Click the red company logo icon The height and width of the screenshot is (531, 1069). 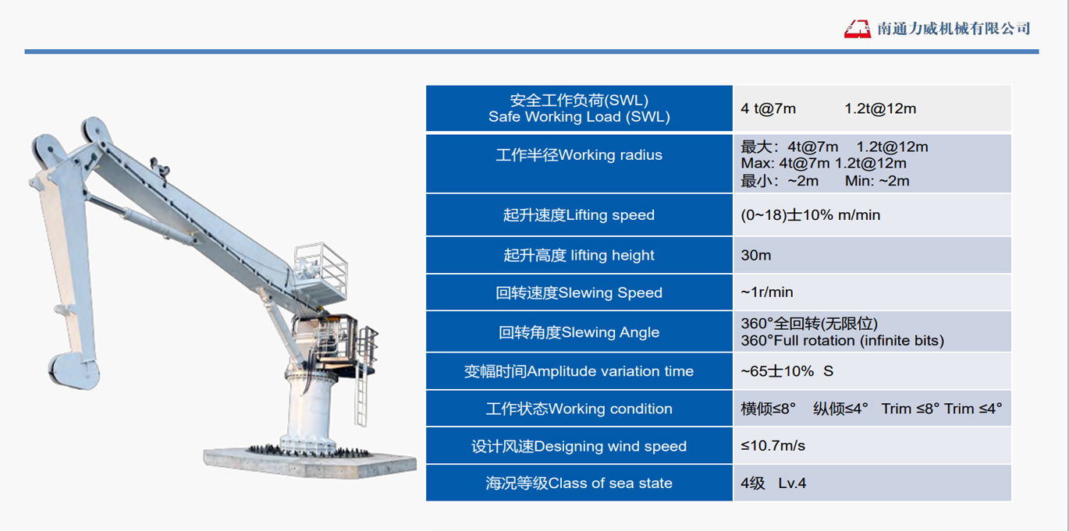[x=857, y=29]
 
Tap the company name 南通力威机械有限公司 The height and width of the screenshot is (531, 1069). [x=954, y=29]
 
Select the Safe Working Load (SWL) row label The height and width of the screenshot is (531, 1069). [x=579, y=108]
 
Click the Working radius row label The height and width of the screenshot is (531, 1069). [x=579, y=155]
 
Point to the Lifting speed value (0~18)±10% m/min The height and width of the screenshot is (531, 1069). [x=811, y=215]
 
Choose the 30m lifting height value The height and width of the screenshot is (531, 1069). [x=756, y=255]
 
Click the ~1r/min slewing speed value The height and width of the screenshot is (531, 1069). [x=767, y=292]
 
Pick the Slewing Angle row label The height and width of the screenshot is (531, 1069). [x=579, y=332]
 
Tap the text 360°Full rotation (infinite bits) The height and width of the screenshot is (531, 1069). [x=842, y=341]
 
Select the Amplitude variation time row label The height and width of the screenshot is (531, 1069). [x=579, y=371]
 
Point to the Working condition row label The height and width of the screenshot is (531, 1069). [x=579, y=409]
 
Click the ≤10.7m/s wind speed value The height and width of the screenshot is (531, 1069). [x=772, y=445]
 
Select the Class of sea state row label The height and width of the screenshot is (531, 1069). [x=579, y=483]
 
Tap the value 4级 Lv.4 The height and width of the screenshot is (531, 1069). [x=773, y=483]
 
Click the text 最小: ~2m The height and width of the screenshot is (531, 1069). [x=780, y=182]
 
